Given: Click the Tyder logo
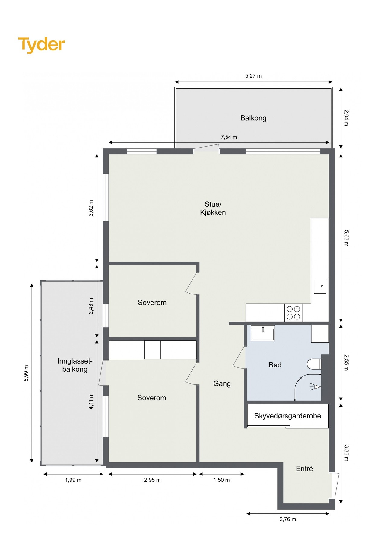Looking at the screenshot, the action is click(42, 45).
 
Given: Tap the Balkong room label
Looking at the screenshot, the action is click(253, 118).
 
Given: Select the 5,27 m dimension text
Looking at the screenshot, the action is click(253, 76).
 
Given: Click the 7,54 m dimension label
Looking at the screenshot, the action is click(229, 137).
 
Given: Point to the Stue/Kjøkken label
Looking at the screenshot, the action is click(213, 208).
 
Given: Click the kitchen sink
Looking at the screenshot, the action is click(320, 286).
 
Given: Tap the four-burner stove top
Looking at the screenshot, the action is click(293, 313).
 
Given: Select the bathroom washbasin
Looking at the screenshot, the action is click(263, 333).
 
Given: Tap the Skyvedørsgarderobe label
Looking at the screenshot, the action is click(287, 416).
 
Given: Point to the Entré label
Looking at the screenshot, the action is click(304, 468).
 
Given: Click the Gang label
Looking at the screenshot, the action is click(222, 384).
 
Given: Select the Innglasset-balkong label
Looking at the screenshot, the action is click(75, 365).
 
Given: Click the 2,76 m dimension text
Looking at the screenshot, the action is click(288, 519).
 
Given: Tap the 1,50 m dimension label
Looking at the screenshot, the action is click(222, 480).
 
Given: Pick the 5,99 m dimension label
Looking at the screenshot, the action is click(26, 373).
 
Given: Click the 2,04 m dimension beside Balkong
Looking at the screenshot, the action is click(346, 118).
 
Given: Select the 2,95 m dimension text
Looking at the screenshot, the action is click(152, 480).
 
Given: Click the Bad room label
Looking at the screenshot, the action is click(275, 365).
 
